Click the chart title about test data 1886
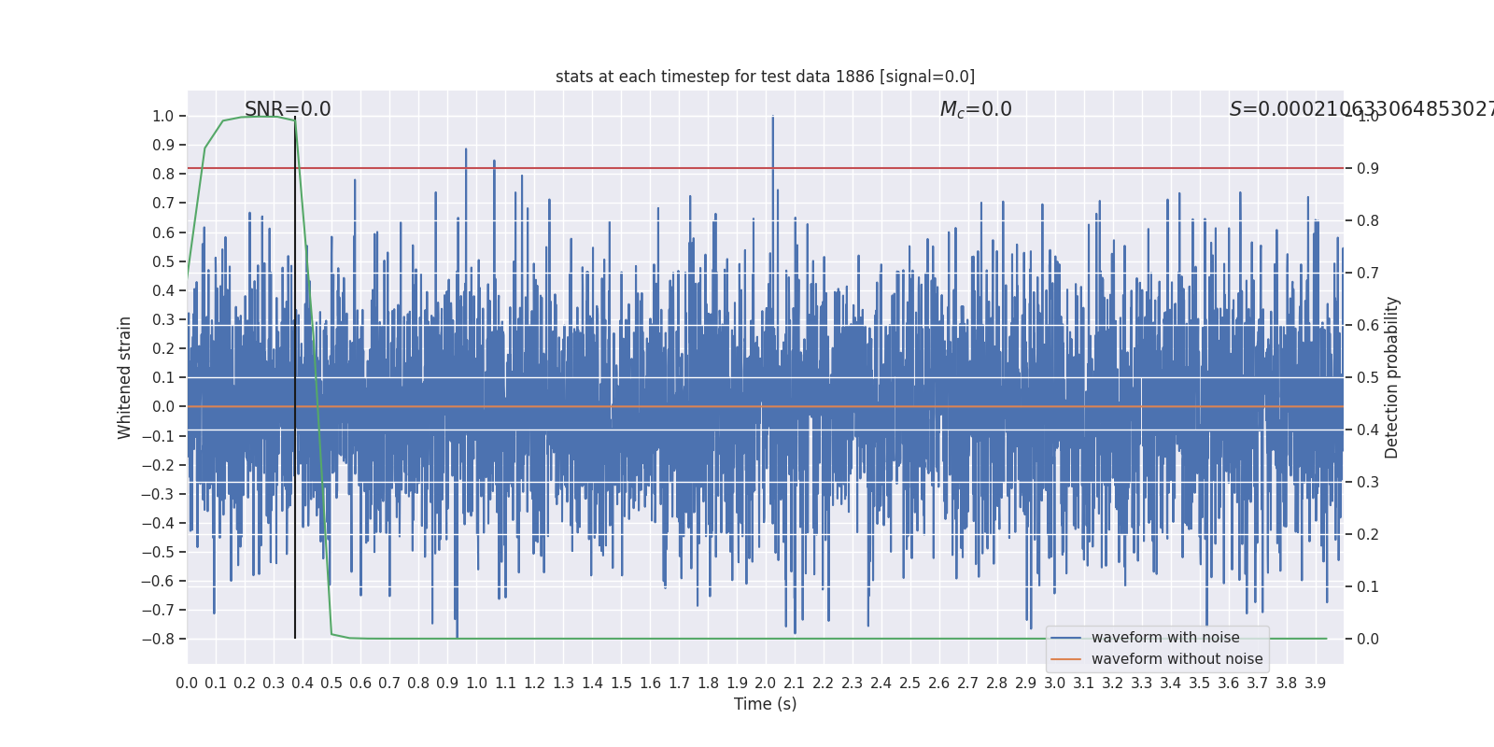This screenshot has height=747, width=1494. (x=765, y=77)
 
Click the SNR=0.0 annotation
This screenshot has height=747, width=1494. (x=288, y=109)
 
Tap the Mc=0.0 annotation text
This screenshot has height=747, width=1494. (x=976, y=109)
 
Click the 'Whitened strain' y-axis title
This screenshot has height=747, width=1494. (x=125, y=377)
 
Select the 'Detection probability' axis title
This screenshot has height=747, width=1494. (x=1392, y=377)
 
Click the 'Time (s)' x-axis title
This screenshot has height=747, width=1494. (x=765, y=704)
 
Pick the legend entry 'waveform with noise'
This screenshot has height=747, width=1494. (x=1164, y=638)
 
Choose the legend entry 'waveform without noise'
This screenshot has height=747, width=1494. (x=1177, y=659)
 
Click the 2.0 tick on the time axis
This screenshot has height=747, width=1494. (x=766, y=684)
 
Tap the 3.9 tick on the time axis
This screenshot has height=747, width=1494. (x=1316, y=684)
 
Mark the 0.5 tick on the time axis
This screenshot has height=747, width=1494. (x=331, y=684)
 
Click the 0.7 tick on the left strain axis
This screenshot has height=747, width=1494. (x=163, y=204)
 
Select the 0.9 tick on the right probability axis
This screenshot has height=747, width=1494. (x=1368, y=168)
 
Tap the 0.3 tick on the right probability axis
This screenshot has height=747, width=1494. (x=1368, y=482)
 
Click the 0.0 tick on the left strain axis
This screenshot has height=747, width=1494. (x=163, y=406)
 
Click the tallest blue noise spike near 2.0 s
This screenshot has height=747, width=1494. (x=773, y=118)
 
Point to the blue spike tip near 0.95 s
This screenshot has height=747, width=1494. (x=466, y=149)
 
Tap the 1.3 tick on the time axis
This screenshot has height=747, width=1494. (x=563, y=684)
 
